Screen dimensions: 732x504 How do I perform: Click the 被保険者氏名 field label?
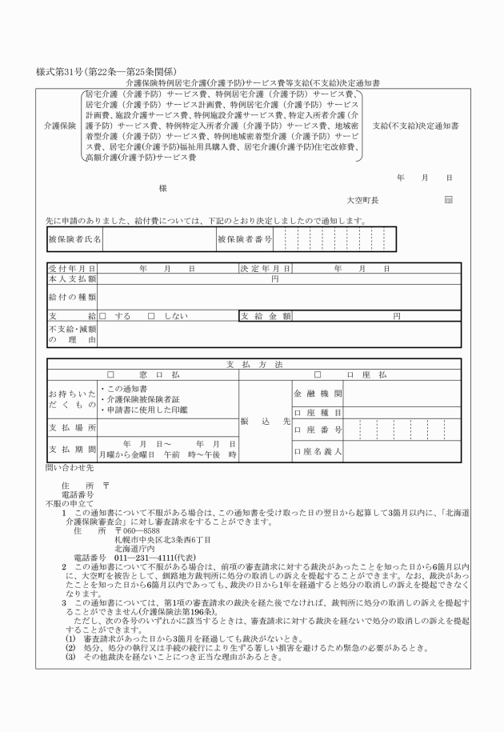(x=74, y=239)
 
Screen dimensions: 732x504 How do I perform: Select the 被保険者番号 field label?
(x=245, y=239)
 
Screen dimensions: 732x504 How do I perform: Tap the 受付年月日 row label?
(x=72, y=269)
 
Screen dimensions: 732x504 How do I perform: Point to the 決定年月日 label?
(x=265, y=269)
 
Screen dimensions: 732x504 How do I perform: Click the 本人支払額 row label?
(x=72, y=279)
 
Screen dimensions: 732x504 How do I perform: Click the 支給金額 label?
(x=265, y=316)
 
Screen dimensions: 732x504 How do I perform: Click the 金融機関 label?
(x=318, y=394)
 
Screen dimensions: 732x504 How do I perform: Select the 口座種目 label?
(x=318, y=413)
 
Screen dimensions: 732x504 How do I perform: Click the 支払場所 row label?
(x=72, y=428)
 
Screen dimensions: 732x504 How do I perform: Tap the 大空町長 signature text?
(x=362, y=199)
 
